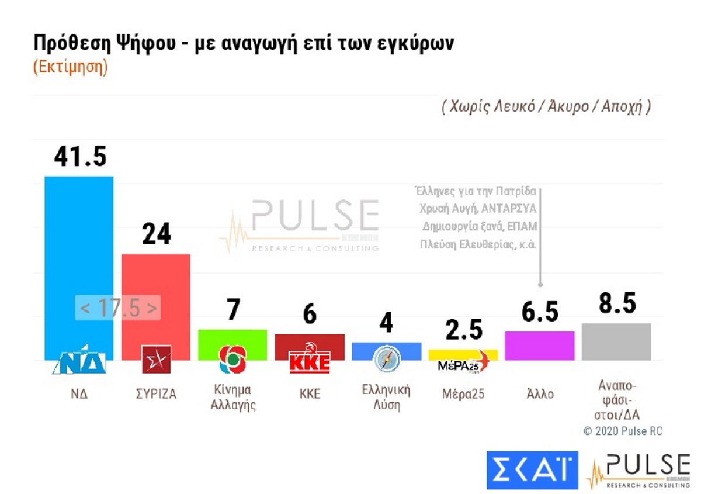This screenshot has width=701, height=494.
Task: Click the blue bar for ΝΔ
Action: click(x=79, y=246)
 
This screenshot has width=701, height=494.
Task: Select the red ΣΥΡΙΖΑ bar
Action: click(x=155, y=281)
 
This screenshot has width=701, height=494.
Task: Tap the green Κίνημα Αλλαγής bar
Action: click(x=232, y=337)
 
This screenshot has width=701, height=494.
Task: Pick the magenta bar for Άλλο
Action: click(x=539, y=345)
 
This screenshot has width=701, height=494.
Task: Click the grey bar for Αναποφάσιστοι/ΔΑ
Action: click(x=616, y=341)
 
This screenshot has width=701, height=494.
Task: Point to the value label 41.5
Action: click(x=80, y=157)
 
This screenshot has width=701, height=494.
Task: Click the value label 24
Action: click(x=156, y=234)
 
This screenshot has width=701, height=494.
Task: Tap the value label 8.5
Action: click(x=617, y=304)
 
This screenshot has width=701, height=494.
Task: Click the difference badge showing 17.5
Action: click(x=118, y=308)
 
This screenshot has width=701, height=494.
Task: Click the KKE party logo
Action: click(x=310, y=361)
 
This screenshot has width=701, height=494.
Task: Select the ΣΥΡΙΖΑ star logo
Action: click(x=156, y=359)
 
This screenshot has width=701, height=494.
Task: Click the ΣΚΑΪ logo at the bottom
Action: click(x=532, y=470)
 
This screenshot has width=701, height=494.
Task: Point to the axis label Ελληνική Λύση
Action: click(x=386, y=397)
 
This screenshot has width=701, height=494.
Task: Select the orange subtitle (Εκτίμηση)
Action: click(x=70, y=67)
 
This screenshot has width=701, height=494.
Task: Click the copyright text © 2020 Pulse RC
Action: click(x=623, y=431)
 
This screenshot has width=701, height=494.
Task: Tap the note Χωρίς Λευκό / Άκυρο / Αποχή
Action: click(x=546, y=107)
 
